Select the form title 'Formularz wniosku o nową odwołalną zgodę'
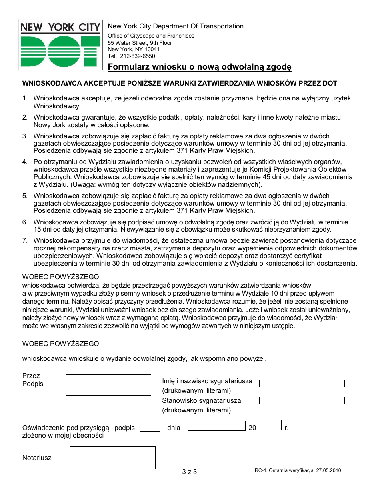(199, 67)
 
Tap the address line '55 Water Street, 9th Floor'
(140, 43)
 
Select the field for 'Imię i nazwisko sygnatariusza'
(302, 383)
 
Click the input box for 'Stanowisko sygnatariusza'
(302, 400)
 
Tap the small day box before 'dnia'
(150, 426)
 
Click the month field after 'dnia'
(216, 426)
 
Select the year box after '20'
(272, 426)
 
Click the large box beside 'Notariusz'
(113, 458)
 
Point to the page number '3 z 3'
(189, 472)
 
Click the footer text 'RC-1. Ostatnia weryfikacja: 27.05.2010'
(298, 471)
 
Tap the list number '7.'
(25, 241)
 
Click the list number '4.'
(25, 162)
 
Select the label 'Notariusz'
(37, 458)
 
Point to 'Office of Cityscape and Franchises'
(151, 36)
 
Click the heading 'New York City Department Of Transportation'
(176, 26)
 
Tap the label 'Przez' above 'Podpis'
(31, 376)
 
